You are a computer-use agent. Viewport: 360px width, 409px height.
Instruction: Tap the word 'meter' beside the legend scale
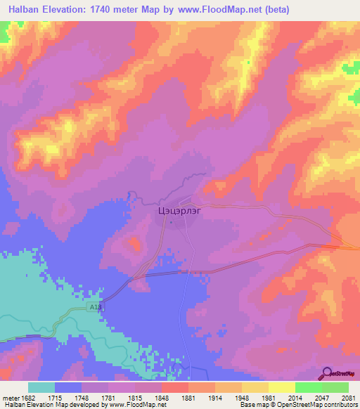pyautogui.click(x=8, y=397)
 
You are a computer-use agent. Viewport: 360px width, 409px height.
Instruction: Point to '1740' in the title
pyautogui.click(x=105, y=10)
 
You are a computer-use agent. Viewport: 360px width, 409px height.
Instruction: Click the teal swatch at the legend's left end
pyautogui.click(x=41, y=387)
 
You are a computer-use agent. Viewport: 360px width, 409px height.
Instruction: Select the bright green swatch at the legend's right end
pyautogui.click(x=335, y=387)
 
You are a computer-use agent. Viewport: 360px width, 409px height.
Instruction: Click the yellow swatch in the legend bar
pyautogui.click(x=281, y=387)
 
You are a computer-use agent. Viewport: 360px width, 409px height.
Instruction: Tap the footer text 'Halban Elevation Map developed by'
pyautogui.click(x=53, y=405)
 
